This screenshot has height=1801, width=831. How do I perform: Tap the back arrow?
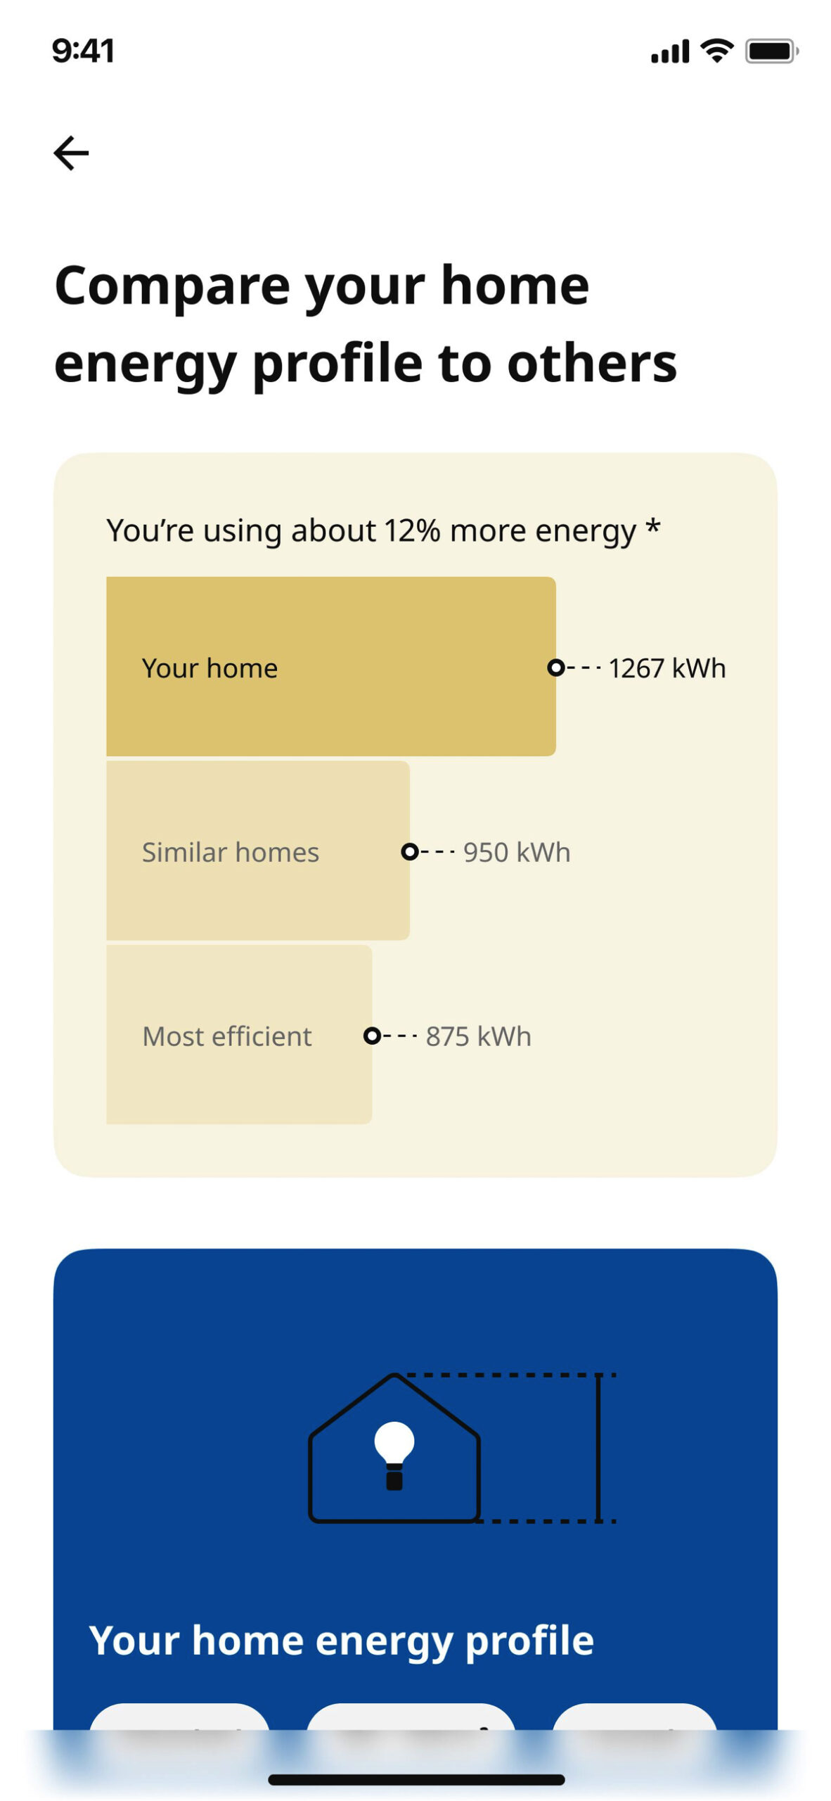tap(71, 153)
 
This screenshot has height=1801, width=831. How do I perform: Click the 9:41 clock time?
tap(83, 51)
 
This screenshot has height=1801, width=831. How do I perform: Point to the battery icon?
tap(771, 51)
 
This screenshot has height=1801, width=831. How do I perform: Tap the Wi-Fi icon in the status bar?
tap(716, 51)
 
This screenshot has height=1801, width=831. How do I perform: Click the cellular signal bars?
tap(670, 51)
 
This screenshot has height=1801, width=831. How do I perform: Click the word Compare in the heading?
tap(172, 287)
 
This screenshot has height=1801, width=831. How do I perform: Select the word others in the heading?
tap(592, 364)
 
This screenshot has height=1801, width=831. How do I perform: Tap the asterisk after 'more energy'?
tap(653, 526)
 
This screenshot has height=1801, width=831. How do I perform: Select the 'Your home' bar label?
tap(210, 668)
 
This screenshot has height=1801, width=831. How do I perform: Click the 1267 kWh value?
tap(666, 668)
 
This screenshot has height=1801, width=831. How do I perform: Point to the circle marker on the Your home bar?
tap(555, 668)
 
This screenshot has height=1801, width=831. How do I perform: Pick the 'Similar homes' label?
tap(231, 853)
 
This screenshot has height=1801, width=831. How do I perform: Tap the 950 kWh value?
tap(517, 853)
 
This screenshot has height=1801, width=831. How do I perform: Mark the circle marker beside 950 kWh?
tap(409, 852)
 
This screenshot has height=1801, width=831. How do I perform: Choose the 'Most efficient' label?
tap(226, 1036)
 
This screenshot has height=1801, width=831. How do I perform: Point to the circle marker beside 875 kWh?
tap(372, 1036)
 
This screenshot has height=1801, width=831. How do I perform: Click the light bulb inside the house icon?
tap(394, 1456)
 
